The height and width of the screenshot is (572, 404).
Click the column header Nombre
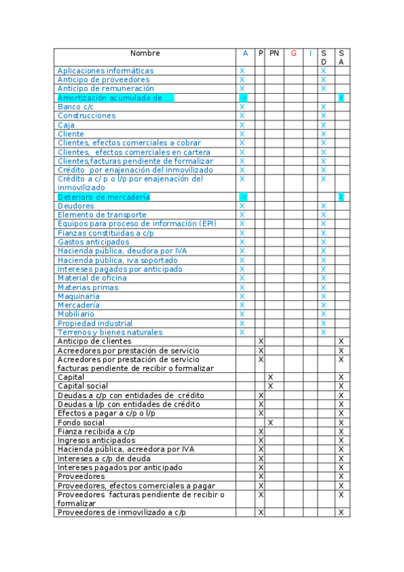pos(145,53)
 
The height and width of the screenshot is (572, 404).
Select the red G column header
pos(293,53)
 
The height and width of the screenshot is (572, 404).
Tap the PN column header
pos(274,53)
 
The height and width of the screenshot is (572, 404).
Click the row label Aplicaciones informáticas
pos(105,71)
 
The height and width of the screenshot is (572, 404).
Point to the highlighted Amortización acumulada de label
pos(115,98)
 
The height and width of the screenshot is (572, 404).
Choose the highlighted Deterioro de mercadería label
pos(103,197)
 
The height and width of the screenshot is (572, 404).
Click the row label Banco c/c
pos(76,107)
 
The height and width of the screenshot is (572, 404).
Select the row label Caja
pos(66,125)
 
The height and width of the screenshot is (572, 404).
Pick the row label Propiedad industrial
pos(94,324)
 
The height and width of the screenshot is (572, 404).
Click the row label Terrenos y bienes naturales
pos(110,333)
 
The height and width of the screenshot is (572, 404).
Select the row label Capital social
pos(82,387)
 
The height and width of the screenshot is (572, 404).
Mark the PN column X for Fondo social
pos(270,422)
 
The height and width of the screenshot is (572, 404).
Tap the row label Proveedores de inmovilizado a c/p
pos(121,513)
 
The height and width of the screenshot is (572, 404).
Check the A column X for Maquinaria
pos(242,296)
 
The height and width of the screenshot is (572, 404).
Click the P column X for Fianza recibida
pos(261,432)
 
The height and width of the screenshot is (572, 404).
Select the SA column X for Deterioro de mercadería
pos(341,197)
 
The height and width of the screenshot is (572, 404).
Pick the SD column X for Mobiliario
pos(324,314)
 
